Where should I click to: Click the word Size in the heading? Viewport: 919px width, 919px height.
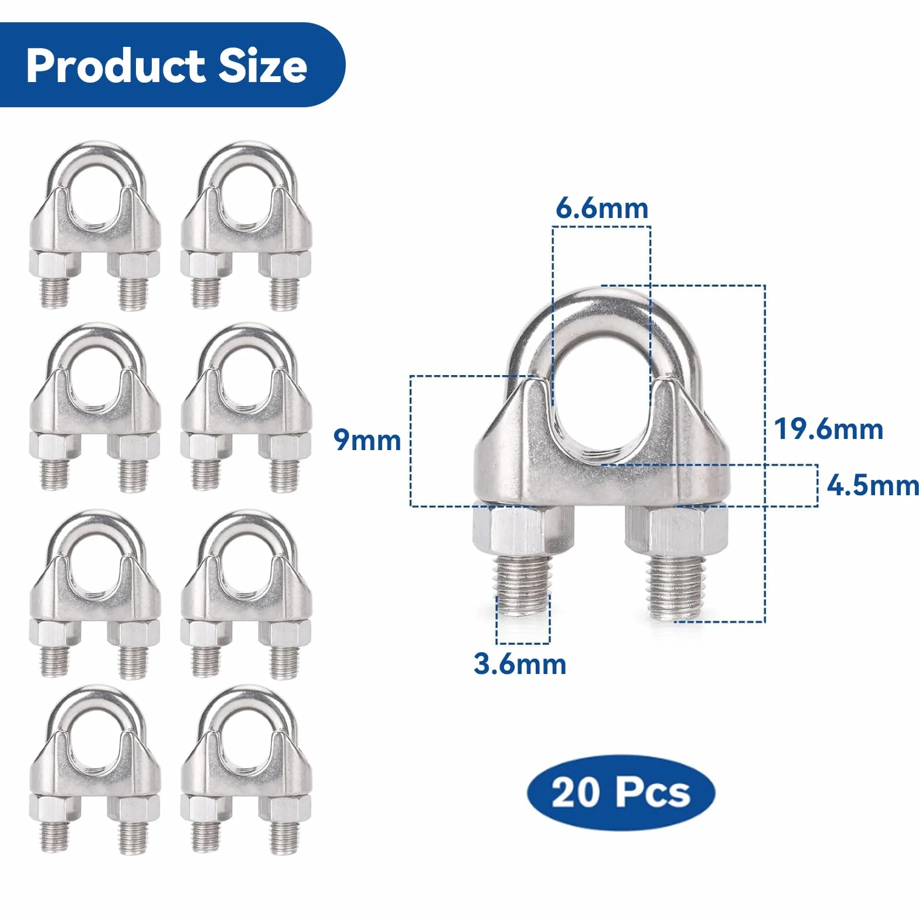pyautogui.click(x=263, y=66)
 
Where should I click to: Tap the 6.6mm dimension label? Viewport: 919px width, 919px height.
pyautogui.click(x=602, y=208)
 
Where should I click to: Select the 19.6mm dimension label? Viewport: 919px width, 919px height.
pyautogui.click(x=828, y=429)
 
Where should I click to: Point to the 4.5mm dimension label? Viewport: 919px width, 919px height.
pyautogui.click(x=873, y=485)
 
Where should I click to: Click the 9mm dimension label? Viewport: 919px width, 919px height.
pyautogui.click(x=367, y=440)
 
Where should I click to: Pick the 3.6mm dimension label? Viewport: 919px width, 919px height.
pyautogui.click(x=520, y=664)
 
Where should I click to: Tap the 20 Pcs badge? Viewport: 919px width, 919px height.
pyautogui.click(x=621, y=792)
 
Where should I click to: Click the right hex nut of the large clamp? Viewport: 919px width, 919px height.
pyautogui.click(x=676, y=531)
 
